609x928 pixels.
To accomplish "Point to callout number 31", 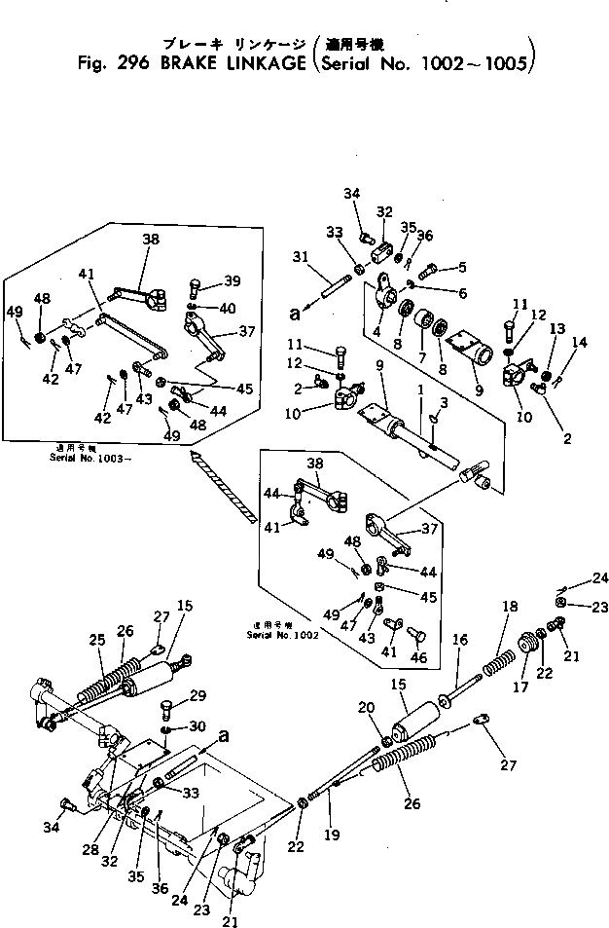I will point(299,257).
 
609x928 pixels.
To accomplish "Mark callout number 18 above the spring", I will point(509,606).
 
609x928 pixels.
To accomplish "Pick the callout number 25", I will point(97,639).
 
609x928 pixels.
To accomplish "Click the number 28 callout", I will point(90,850).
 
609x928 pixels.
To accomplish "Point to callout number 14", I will point(581,342).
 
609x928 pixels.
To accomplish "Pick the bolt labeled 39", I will point(195,288).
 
